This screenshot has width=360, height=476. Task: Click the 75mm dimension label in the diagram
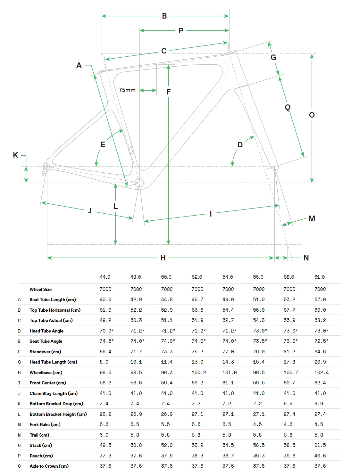click(127, 90)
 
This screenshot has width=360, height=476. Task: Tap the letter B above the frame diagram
click(164, 16)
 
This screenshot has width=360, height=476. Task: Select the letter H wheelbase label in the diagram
click(163, 258)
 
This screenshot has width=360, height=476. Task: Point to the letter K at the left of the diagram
click(15, 155)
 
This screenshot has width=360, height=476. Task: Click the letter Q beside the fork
click(288, 107)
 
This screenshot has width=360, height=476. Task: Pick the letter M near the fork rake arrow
click(312, 218)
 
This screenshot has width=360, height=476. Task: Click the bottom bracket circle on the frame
click(139, 182)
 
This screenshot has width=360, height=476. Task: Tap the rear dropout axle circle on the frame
click(46, 166)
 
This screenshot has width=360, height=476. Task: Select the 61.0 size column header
click(319, 277)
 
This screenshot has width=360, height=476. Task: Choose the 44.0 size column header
click(105, 277)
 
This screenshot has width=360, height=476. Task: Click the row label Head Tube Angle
click(46, 331)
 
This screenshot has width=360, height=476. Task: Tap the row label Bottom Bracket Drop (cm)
click(56, 404)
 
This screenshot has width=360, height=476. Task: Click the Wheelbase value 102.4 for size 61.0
click(321, 373)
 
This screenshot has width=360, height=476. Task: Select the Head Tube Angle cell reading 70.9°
click(106, 331)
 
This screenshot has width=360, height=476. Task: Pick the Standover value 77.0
click(228, 352)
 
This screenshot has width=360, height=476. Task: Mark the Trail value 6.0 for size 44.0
click(104, 435)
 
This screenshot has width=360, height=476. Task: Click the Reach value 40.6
click(320, 456)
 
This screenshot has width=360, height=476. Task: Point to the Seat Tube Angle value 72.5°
click(321, 341)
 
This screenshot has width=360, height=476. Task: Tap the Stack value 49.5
click(105, 445)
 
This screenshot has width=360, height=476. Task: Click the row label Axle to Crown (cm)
click(49, 466)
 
